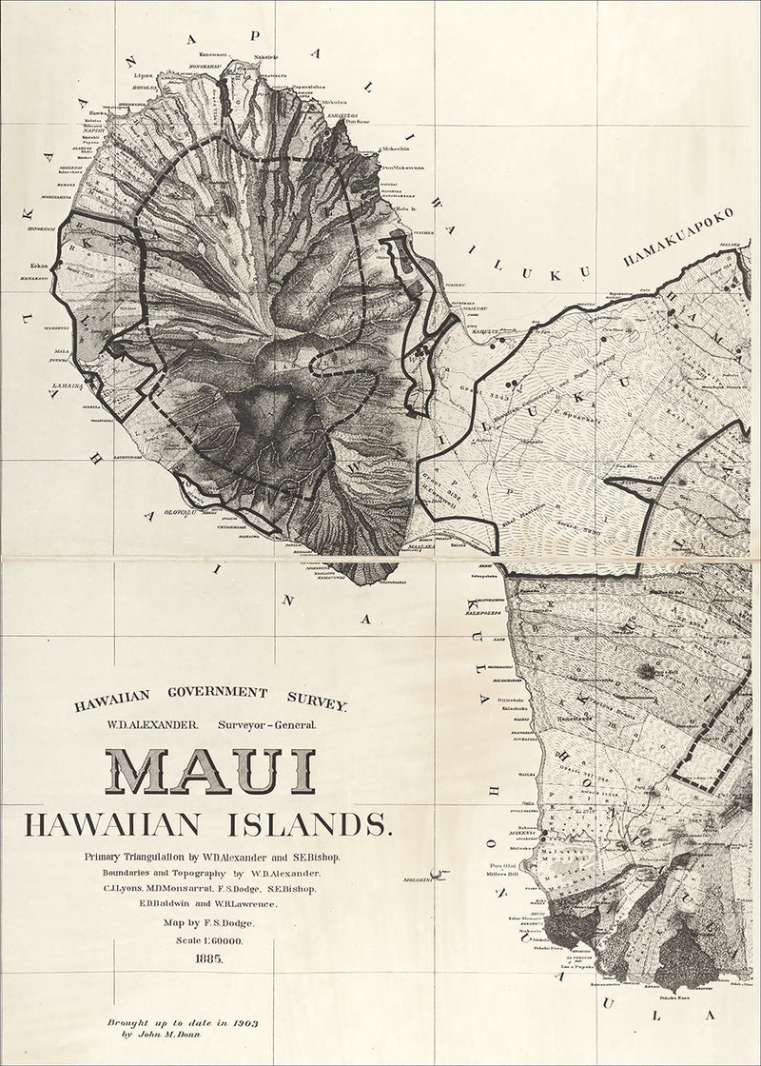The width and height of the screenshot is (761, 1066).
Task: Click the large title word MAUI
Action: click(x=209, y=770)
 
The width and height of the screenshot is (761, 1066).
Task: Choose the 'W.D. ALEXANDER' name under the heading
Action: click(x=152, y=724)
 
